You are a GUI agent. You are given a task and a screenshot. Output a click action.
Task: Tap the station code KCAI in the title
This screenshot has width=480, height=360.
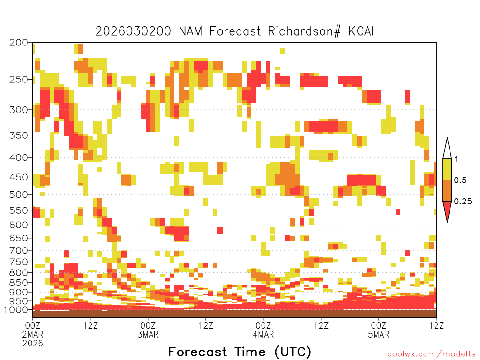point(361,31)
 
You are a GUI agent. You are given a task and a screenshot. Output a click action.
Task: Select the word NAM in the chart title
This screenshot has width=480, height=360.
point(190,31)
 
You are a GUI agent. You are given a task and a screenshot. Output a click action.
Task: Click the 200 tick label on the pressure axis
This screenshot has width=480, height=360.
point(18,43)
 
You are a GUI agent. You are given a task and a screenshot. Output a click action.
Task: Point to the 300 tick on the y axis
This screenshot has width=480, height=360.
point(18,110)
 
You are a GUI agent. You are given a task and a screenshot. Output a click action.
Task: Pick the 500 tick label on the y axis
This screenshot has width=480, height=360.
point(18,195)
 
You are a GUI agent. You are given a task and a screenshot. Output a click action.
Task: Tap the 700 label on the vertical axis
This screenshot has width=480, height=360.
point(18,250)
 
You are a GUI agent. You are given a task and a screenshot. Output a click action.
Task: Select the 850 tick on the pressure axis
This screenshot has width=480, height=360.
point(18,283)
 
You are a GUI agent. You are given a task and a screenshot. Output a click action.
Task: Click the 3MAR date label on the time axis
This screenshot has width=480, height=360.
point(148,334)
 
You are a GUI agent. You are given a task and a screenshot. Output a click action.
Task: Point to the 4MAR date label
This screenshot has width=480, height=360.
point(263,334)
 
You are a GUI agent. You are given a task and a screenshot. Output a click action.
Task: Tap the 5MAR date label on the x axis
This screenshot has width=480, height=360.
point(379,334)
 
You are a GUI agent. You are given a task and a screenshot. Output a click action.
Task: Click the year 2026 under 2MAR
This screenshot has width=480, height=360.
point(33,343)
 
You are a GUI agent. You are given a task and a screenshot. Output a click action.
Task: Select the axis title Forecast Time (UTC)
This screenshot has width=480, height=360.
point(240,352)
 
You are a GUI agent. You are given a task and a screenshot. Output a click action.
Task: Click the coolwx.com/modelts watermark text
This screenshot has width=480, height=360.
point(432,354)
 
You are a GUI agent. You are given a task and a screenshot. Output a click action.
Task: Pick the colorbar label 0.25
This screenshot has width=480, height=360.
point(463,201)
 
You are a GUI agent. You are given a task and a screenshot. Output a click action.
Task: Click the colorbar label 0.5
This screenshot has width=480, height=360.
point(460,180)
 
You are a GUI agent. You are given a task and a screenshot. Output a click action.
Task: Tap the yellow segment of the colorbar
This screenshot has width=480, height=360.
point(447,169)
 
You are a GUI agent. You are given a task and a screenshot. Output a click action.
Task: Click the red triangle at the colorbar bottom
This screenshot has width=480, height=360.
point(447,211)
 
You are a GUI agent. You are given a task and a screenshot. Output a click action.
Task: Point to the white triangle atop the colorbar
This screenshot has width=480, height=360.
point(447,149)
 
